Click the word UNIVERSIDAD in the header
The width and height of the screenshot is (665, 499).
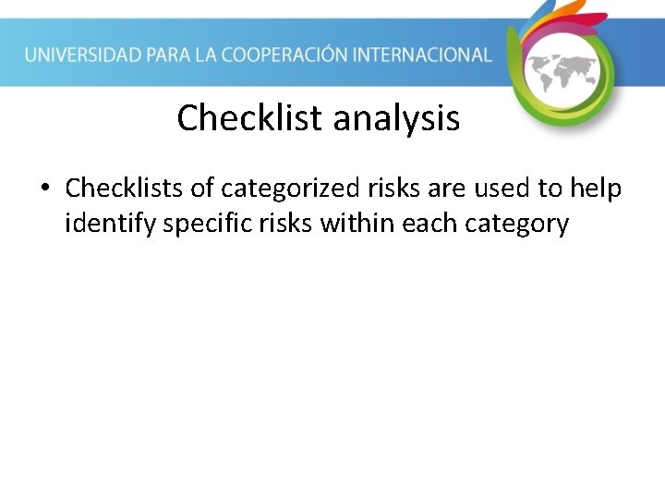tap(82, 55)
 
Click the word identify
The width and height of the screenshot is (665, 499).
tap(110, 224)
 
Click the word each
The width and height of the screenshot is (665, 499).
tap(429, 224)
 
